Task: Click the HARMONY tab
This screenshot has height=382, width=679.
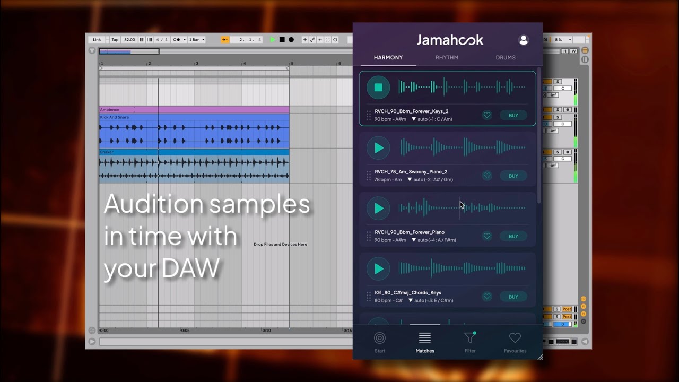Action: pos(388,57)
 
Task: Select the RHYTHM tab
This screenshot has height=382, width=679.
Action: pos(447,57)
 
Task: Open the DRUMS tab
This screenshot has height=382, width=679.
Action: pos(505,57)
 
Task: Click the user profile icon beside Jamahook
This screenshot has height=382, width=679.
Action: pos(523,40)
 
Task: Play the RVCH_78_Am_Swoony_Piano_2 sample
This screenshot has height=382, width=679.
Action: pos(378,148)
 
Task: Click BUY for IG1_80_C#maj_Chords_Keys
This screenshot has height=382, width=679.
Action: pos(513,297)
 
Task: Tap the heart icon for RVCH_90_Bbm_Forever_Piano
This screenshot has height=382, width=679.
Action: pos(487,236)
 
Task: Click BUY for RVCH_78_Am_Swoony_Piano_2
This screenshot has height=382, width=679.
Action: pos(513,176)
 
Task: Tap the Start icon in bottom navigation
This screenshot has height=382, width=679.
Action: pos(380,342)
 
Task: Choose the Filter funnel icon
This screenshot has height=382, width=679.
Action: pos(469,342)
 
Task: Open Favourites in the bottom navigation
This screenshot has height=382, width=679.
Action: pos(515,342)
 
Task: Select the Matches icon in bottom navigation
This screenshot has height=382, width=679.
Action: pos(425,342)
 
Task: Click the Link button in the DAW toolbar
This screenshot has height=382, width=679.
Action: pos(97,40)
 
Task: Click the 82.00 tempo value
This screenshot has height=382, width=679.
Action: pos(129,40)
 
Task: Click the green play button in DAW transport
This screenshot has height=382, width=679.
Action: pos(273,40)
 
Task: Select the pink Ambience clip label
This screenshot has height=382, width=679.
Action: pos(110,110)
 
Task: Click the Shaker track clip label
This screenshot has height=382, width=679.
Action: pos(107,152)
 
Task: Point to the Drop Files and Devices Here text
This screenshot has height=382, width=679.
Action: pos(280,244)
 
